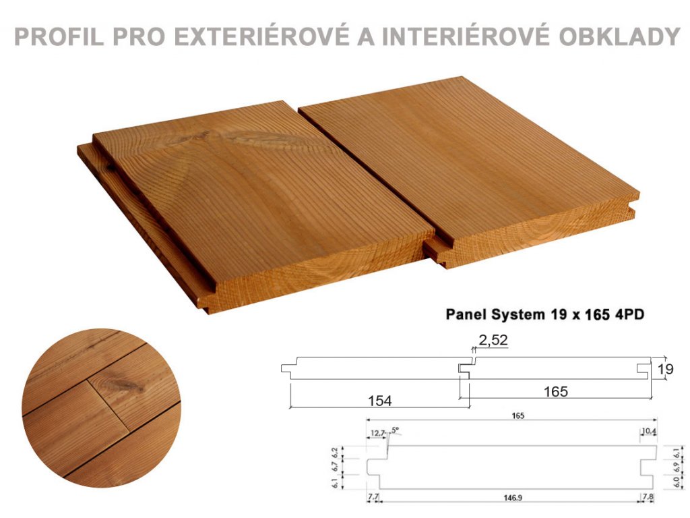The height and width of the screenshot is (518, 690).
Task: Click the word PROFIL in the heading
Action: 59,36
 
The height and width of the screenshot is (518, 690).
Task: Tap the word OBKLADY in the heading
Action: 620,36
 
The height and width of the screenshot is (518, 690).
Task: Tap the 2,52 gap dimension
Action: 493,340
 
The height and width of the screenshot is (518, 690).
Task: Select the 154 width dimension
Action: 380,401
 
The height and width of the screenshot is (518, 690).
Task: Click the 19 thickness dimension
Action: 665,369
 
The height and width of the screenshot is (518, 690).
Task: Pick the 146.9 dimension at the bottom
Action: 513,498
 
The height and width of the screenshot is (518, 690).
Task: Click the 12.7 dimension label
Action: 377,433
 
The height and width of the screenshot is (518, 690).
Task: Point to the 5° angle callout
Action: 394,429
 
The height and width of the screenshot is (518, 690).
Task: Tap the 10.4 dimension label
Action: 649,430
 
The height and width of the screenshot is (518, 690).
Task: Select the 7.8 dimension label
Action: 648,497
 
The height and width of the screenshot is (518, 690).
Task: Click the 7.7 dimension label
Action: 373,497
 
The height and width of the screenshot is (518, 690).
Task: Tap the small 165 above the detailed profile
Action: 518,415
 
